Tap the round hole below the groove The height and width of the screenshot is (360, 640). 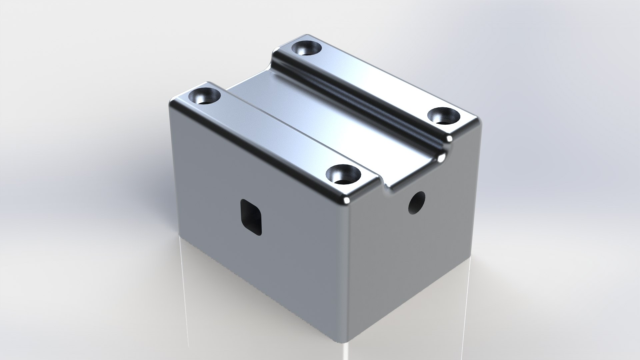point(417,202)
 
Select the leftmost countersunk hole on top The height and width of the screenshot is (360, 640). point(205,97)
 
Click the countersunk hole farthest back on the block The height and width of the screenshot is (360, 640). point(306,49)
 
